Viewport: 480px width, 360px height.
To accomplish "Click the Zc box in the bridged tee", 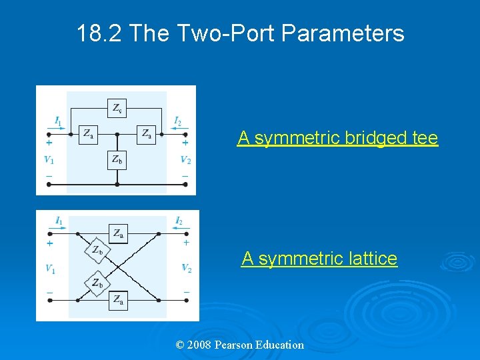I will click(117, 108).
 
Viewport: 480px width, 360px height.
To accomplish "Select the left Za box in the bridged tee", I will click(88, 134).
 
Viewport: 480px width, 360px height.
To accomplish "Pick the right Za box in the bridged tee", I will click(146, 134).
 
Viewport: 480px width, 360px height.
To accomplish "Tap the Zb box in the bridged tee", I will click(117, 159).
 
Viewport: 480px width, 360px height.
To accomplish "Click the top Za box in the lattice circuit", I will click(118, 233).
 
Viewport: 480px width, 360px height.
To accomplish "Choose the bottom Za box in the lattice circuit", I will click(118, 301).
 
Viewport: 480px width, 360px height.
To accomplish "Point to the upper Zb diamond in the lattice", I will click(97, 251).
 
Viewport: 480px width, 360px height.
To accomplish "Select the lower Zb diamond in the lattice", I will click(97, 283).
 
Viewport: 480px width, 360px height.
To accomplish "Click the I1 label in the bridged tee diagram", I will click(59, 121).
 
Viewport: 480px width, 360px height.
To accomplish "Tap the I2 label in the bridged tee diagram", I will click(177, 121).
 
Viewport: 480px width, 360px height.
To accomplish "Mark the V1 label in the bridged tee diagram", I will click(49, 159).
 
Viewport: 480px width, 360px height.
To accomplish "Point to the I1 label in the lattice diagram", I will click(59, 221).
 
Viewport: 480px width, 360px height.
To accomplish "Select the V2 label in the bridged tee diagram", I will click(185, 159).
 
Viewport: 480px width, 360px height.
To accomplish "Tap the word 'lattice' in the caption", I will click(369, 258).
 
